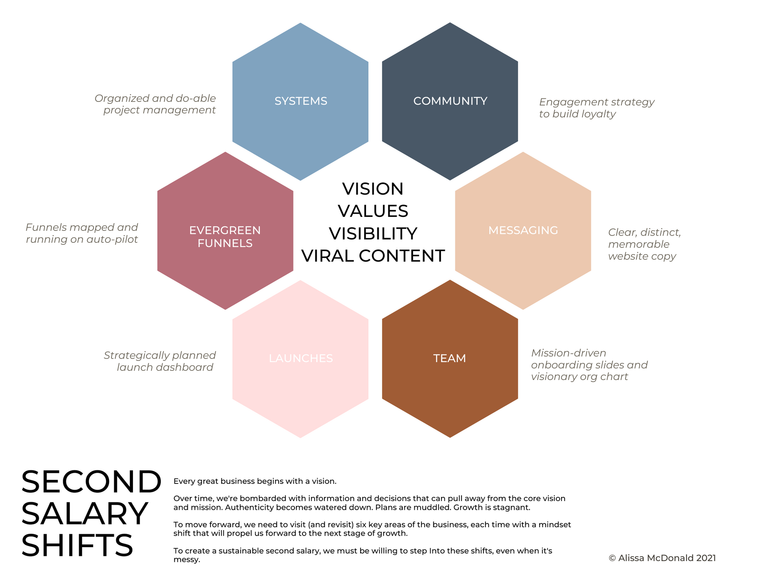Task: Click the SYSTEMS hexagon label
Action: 301,101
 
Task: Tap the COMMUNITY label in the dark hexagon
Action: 450,101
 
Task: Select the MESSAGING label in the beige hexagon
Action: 523,230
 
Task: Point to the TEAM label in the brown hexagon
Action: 450,359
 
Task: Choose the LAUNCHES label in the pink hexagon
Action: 301,359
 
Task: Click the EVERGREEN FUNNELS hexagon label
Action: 225,237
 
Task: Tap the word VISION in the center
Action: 373,189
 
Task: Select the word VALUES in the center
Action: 373,211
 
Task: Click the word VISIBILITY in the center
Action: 373,234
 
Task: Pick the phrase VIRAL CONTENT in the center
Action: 373,256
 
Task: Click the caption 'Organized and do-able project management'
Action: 156,104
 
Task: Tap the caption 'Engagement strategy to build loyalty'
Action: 596,108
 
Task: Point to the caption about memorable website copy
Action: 644,244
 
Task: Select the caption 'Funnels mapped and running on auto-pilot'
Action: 82,233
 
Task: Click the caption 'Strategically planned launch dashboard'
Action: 160,361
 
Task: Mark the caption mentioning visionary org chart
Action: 589,365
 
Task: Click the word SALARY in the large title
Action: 84,514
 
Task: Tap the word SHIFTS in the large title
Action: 77,546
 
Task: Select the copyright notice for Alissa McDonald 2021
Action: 662,558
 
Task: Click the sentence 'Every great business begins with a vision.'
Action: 255,481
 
